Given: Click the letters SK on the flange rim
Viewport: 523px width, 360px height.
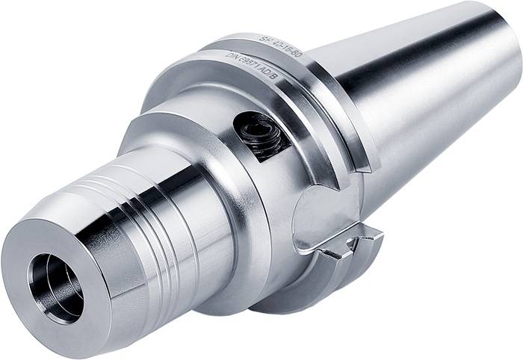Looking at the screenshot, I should point(264,38).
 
